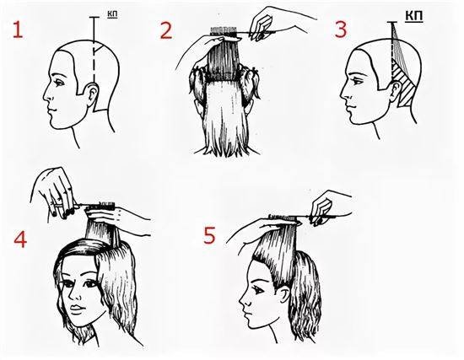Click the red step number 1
[x=18, y=30]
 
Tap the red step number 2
[x=166, y=31]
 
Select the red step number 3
[x=340, y=30]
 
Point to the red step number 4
[x=20, y=239]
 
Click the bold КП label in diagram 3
[x=413, y=15]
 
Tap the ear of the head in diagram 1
[x=93, y=93]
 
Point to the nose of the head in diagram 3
[x=344, y=94]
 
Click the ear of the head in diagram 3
[x=396, y=89]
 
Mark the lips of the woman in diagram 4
[x=75, y=309]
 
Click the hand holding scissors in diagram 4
[x=55, y=194]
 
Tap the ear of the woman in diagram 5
[x=284, y=293]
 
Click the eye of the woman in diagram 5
[x=257, y=289]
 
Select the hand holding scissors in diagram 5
[x=327, y=207]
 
